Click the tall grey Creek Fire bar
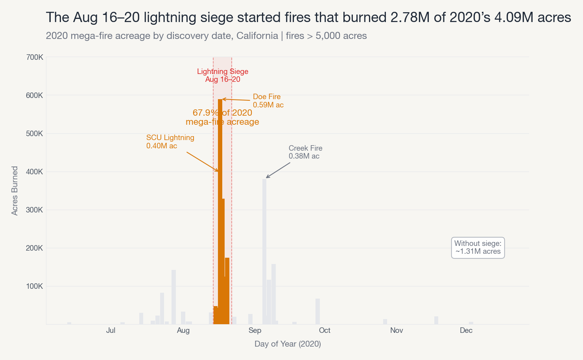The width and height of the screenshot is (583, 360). [264, 252]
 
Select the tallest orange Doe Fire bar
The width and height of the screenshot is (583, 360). [220, 212]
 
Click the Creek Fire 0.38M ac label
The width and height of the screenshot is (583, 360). [305, 152]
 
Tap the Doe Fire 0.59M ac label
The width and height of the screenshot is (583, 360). [268, 101]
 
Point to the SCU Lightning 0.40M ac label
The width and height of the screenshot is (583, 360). [170, 142]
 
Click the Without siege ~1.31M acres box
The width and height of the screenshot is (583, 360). [478, 247]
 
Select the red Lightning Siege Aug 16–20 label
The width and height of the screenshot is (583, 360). [223, 75]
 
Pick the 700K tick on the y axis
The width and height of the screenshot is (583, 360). [35, 57]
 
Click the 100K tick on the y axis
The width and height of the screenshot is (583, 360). [35, 286]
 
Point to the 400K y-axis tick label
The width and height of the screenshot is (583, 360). [35, 172]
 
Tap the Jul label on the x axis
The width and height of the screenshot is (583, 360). [111, 330]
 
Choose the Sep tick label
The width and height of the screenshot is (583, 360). [255, 330]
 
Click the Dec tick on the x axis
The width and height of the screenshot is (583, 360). [466, 330]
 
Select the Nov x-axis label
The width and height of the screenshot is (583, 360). [397, 330]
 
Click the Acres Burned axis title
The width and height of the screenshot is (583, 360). [15, 191]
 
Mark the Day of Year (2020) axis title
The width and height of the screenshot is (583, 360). [288, 344]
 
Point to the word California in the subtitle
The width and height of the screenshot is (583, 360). [257, 36]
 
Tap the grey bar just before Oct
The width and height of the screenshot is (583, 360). [317, 312]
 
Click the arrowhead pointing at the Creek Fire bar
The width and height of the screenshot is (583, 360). [267, 177]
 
